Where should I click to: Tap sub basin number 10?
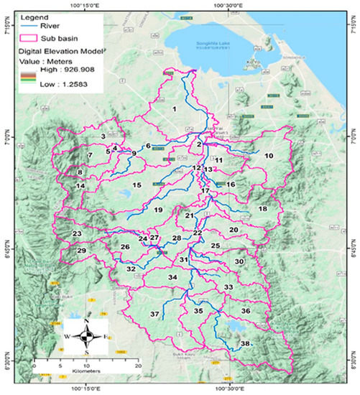pos(269,156)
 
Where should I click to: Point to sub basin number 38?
pos(245,344)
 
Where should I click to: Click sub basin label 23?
pos(76,234)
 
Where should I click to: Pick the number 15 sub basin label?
pos(136,185)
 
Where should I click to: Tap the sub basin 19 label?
pos(159,210)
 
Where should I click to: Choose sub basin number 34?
pos(172,277)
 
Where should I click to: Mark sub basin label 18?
pos(263,209)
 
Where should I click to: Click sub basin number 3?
pos(103,136)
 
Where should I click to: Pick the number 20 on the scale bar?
pos(138,366)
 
